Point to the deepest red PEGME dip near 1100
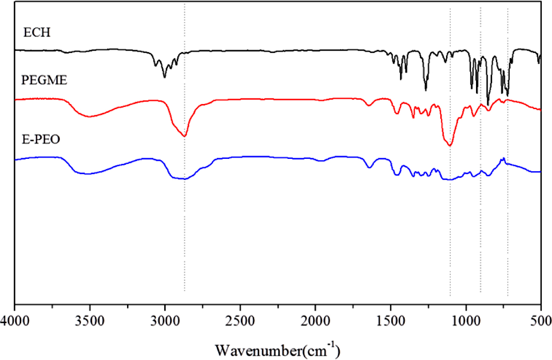tap(450, 145)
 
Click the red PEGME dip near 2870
tap(185, 136)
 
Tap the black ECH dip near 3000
tap(165, 77)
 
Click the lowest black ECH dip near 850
tap(488, 105)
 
